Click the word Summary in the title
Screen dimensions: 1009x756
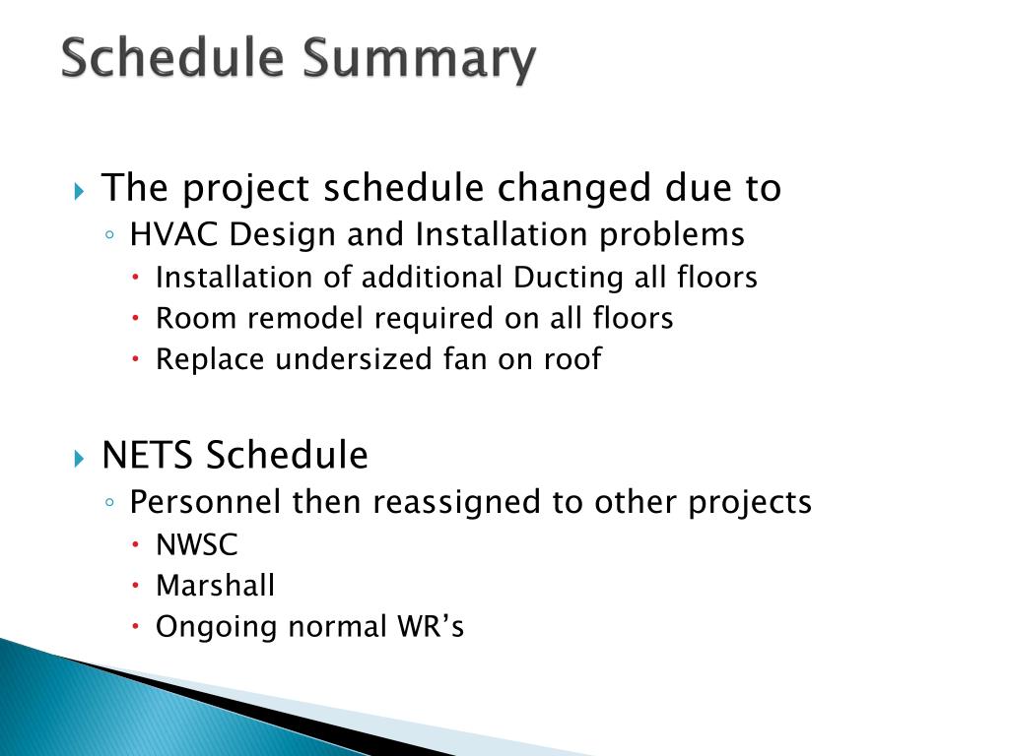coord(420,60)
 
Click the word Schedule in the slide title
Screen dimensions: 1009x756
coord(173,57)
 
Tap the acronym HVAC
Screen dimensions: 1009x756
coord(173,234)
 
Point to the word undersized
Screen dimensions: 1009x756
coord(354,358)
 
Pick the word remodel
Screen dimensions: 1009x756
coord(305,318)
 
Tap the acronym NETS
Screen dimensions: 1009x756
coord(148,455)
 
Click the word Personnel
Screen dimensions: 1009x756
coord(205,502)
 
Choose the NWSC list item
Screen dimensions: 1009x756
coord(197,545)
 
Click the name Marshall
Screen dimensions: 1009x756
coord(216,586)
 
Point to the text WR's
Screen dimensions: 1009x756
coord(431,626)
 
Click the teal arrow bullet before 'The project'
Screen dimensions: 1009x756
coord(79,191)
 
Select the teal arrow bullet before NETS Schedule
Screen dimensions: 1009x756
coord(79,459)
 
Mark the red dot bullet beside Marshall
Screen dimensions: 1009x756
coord(136,586)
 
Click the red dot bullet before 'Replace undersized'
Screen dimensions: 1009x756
coord(136,358)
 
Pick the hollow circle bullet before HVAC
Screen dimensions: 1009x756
coord(110,235)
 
